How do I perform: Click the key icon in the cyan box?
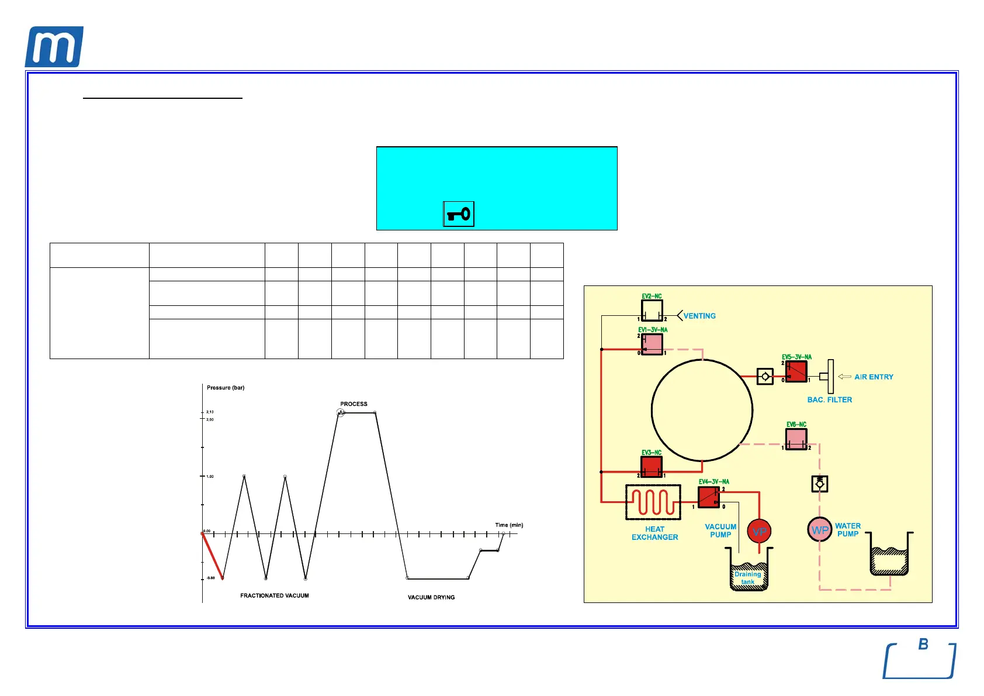click(459, 214)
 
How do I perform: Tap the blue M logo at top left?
click(54, 47)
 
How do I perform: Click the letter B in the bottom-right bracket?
click(923, 644)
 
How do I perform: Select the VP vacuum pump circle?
click(759, 532)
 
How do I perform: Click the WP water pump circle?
click(820, 530)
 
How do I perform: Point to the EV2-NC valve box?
click(652, 311)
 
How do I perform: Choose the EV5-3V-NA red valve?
click(796, 371)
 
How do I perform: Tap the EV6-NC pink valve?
click(796, 439)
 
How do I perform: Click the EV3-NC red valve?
click(652, 467)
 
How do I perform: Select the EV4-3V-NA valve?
click(709, 497)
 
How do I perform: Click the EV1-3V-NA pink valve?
click(652, 344)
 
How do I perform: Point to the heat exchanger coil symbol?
click(653, 502)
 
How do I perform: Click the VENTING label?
click(699, 316)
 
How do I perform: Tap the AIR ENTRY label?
click(874, 377)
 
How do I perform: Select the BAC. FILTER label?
click(829, 400)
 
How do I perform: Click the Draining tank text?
click(748, 578)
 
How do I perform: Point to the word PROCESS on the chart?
click(354, 404)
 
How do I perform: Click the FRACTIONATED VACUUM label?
click(274, 596)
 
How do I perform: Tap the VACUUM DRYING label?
click(431, 598)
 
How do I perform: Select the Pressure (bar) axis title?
click(226, 388)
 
